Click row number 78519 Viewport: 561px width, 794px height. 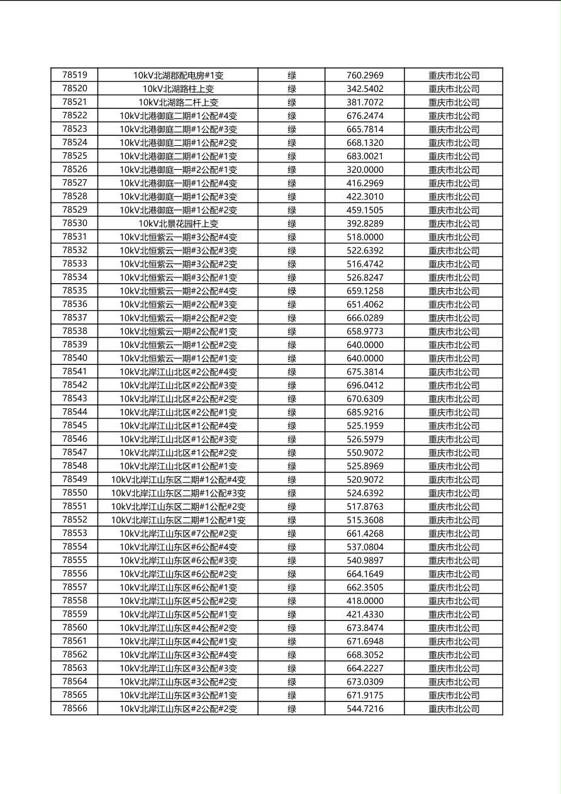coord(75,75)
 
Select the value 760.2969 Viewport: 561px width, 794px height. coord(365,75)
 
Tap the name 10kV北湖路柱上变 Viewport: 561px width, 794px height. coord(178,89)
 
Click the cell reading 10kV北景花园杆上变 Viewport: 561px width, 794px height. coord(178,223)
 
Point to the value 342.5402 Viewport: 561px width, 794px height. coord(365,89)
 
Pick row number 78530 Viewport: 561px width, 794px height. coord(75,223)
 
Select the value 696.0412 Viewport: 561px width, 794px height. coord(365,385)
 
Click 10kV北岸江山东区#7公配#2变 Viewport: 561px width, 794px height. coord(178,534)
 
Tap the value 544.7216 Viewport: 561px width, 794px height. coord(365,708)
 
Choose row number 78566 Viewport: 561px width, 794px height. coord(75,708)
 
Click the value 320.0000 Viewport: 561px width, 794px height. coord(365,169)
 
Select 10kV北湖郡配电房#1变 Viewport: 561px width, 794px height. coord(178,75)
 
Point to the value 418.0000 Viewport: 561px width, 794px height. coord(365,601)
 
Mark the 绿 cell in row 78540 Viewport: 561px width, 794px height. coord(292,358)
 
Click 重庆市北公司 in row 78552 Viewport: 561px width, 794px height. coord(453,520)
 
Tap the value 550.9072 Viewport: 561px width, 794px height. coord(365,452)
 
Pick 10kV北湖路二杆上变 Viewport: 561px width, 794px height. coord(178,102)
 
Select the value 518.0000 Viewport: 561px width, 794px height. coord(365,237)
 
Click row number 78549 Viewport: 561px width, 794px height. coord(75,479)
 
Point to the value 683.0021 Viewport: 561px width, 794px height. coord(365,156)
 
